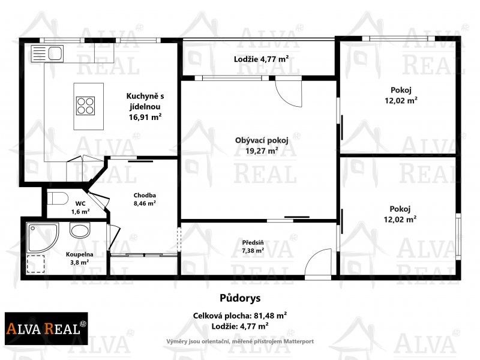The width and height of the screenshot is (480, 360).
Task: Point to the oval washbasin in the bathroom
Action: click(79, 230)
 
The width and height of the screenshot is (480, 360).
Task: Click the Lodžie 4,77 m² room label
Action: click(261, 59)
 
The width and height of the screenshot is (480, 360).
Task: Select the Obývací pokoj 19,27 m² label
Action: click(261, 146)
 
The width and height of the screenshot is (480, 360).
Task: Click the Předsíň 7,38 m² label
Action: click(253, 247)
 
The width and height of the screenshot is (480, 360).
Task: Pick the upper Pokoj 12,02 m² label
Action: click(401, 95)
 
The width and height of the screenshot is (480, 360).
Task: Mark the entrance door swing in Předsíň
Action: click(318, 263)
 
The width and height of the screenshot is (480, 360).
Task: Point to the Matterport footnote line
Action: click(240, 341)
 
